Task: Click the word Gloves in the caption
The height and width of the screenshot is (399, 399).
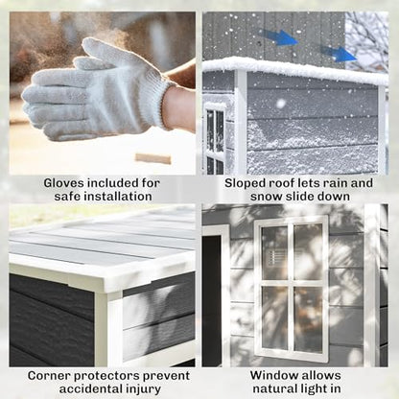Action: [x=63, y=183]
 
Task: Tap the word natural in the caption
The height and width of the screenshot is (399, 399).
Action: [x=274, y=388]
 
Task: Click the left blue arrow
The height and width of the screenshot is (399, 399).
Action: [x=277, y=37]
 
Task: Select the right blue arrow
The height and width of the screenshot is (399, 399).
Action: [x=339, y=54]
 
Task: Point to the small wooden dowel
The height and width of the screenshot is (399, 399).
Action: [x=153, y=158]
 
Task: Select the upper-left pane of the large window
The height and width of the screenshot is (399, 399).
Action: [x=274, y=252]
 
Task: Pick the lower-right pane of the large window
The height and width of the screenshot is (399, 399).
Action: [x=308, y=319]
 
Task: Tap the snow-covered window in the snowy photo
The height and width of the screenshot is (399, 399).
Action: [x=215, y=139]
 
